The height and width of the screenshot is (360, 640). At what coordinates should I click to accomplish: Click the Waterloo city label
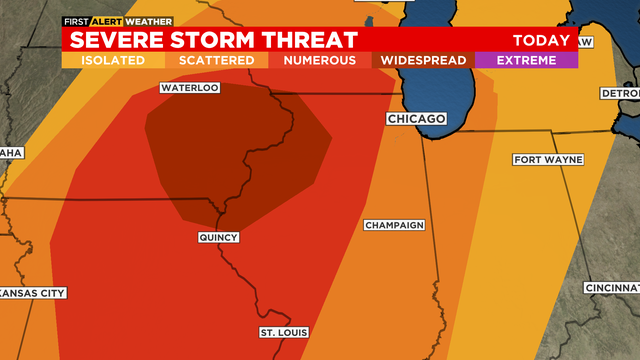pos(189,88)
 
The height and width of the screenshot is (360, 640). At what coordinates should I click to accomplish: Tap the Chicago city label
pos(416,119)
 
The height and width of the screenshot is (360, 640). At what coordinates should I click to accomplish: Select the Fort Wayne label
pos(546,160)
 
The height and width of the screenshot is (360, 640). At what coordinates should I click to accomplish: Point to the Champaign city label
pos(394,225)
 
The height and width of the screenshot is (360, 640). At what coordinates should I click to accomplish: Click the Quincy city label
pos(218,237)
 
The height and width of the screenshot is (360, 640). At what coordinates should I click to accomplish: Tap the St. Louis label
pos(284,332)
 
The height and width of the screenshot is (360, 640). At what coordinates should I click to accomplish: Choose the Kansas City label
pos(32,293)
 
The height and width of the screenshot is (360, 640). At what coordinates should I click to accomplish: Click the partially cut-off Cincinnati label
pos(612,288)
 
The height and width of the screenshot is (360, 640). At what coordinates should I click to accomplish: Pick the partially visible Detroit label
pos(619,93)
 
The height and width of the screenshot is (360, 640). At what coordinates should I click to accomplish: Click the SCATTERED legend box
pos(216,60)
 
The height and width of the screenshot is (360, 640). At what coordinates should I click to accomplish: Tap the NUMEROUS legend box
pos(319,60)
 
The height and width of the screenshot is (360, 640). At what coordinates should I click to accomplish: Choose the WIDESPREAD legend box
pos(422,60)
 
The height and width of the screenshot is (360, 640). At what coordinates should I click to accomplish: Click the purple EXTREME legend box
pos(526,60)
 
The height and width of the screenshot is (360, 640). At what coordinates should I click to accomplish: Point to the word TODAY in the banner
pos(541,41)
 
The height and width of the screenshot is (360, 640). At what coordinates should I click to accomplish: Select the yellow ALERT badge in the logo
pos(111,21)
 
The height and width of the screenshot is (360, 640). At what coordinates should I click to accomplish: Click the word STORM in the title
pos(219,40)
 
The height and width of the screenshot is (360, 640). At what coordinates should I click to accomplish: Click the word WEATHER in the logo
pos(149,21)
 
